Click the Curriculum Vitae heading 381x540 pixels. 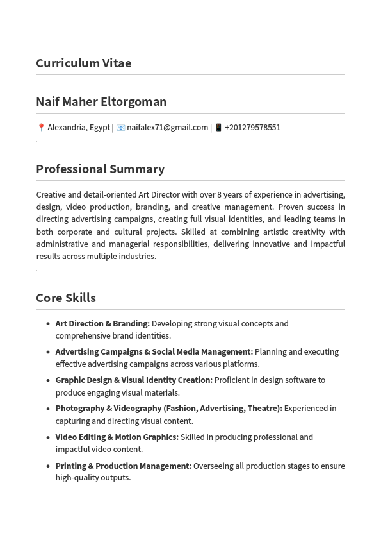83,63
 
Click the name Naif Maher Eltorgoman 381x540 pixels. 101,101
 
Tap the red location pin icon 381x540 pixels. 41,128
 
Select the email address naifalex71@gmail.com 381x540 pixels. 167,128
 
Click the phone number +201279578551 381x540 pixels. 252,128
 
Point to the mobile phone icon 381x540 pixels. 218,128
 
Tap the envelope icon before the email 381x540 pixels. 120,128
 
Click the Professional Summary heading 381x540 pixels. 100,169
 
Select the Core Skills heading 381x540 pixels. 66,298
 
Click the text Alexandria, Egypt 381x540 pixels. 78,128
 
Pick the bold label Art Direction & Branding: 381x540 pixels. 102,324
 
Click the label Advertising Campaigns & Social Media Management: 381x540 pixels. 154,352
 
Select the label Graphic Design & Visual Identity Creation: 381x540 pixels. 134,380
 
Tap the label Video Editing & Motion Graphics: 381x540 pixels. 117,437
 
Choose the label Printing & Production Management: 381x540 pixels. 123,466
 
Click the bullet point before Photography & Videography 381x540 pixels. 48,409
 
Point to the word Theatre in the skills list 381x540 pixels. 263,409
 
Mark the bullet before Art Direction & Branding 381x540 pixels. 48,324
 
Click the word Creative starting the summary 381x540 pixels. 51,195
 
